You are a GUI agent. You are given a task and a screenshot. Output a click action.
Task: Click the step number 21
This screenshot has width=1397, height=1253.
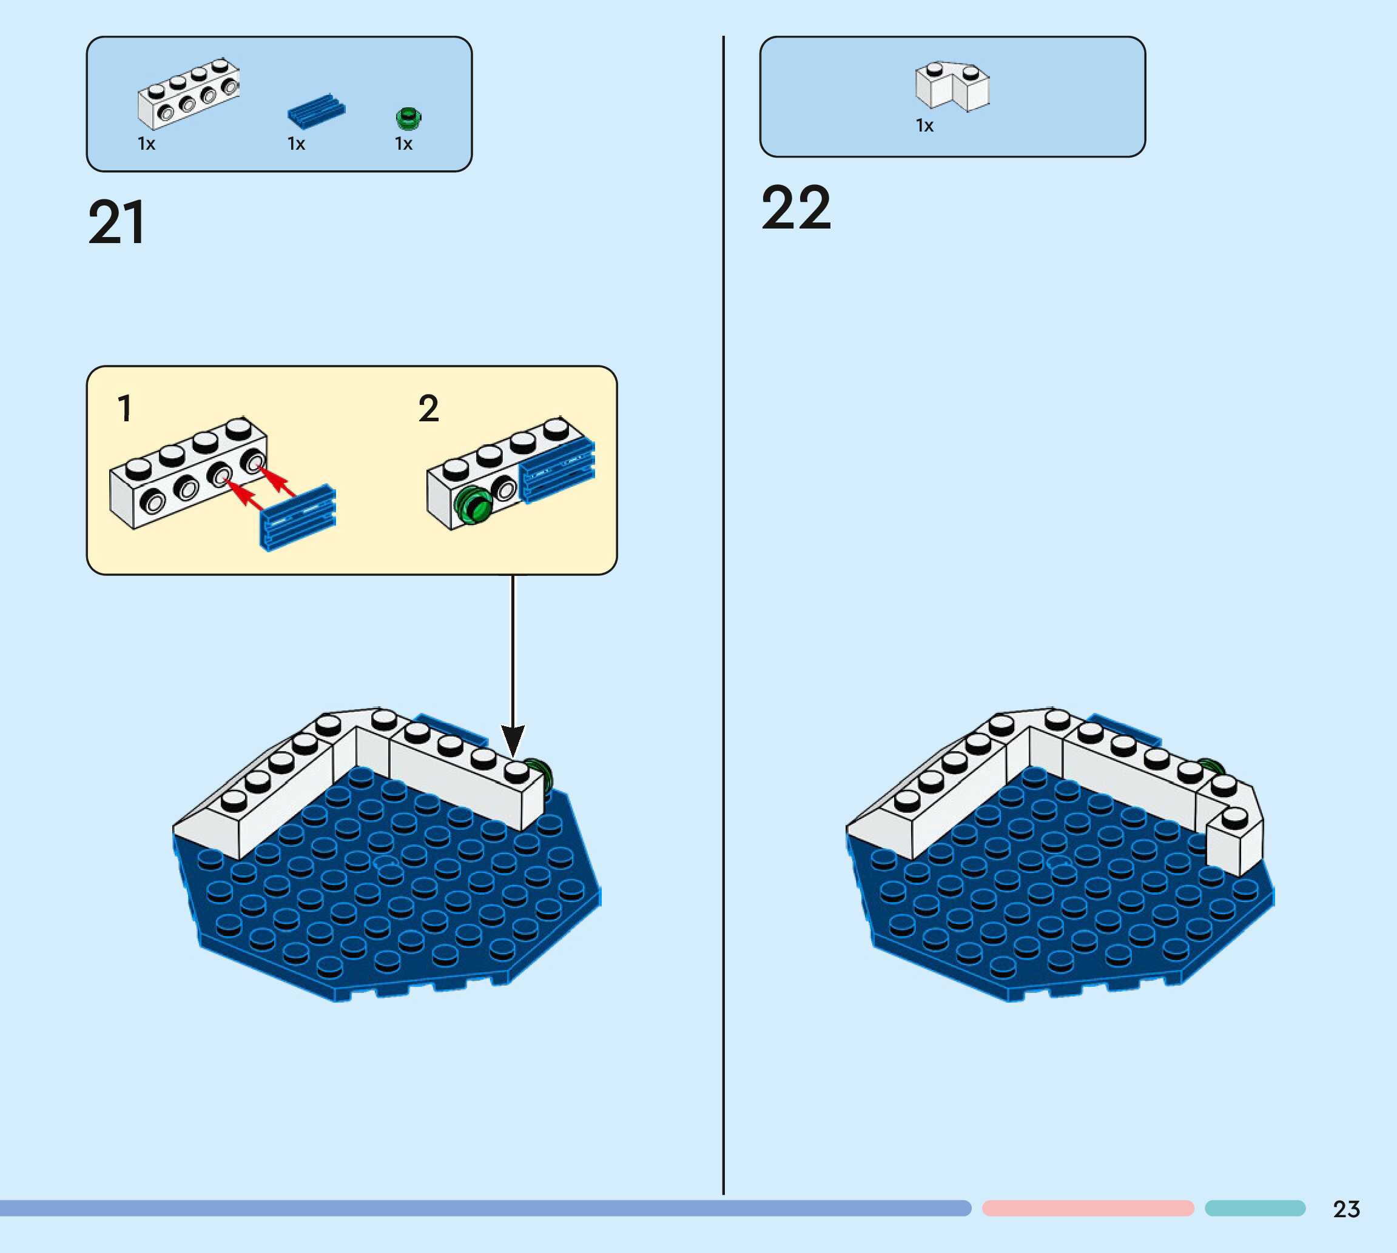[117, 222]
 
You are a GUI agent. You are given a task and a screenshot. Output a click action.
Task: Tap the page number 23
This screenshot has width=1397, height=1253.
[1346, 1209]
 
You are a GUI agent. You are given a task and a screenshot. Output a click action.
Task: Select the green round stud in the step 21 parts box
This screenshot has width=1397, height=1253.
[408, 118]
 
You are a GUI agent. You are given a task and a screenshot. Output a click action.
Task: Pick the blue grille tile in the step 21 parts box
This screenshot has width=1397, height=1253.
[316, 111]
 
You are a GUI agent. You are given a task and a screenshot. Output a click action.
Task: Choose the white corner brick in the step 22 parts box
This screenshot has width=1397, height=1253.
[952, 87]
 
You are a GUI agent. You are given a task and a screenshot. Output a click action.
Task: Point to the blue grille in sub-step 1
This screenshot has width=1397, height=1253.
[298, 517]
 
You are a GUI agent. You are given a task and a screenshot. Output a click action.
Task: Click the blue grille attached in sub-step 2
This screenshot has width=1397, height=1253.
[557, 470]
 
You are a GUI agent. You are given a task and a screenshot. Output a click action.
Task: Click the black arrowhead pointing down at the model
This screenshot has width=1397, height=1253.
[513, 740]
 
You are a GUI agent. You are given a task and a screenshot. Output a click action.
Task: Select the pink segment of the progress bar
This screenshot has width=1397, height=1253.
[1088, 1208]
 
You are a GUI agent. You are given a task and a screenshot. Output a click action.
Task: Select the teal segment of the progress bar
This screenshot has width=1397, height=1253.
[1254, 1208]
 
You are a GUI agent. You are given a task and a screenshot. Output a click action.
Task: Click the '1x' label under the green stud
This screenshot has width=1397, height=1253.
[403, 144]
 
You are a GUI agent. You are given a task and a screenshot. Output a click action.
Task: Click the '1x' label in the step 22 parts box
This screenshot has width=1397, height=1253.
[924, 126]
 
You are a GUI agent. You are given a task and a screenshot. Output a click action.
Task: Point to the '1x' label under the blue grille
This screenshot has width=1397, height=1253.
[296, 144]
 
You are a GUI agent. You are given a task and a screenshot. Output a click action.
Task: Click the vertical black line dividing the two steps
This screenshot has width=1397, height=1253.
[723, 620]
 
